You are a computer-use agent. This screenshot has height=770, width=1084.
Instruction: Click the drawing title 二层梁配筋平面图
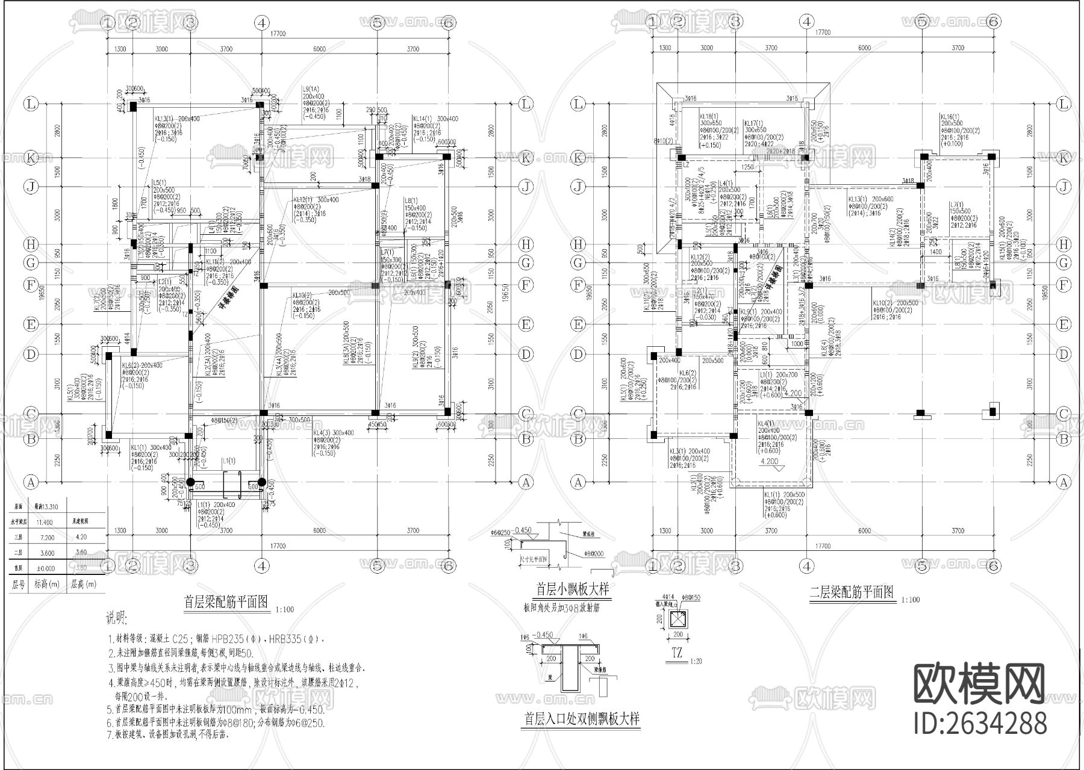point(852,594)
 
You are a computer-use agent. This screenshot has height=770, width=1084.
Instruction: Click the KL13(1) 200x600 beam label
point(871,199)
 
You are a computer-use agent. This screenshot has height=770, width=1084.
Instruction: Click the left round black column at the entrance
point(190,482)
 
